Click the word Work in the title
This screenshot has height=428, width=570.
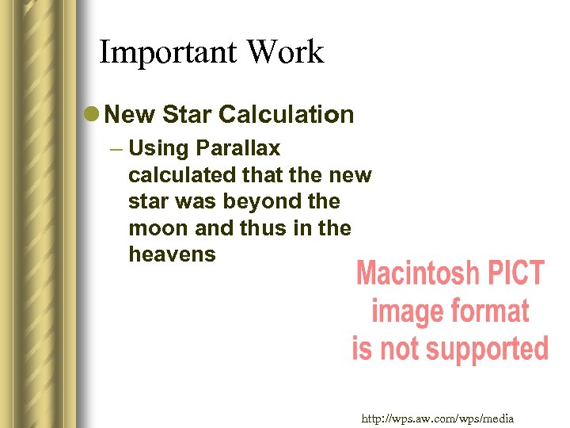(x=286, y=52)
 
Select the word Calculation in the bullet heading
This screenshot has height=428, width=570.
(x=287, y=115)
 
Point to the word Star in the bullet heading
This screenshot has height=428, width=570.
(x=188, y=115)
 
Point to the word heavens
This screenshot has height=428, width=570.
(x=171, y=254)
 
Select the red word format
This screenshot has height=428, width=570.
(x=486, y=311)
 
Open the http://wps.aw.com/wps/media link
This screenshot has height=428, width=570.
(x=438, y=418)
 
